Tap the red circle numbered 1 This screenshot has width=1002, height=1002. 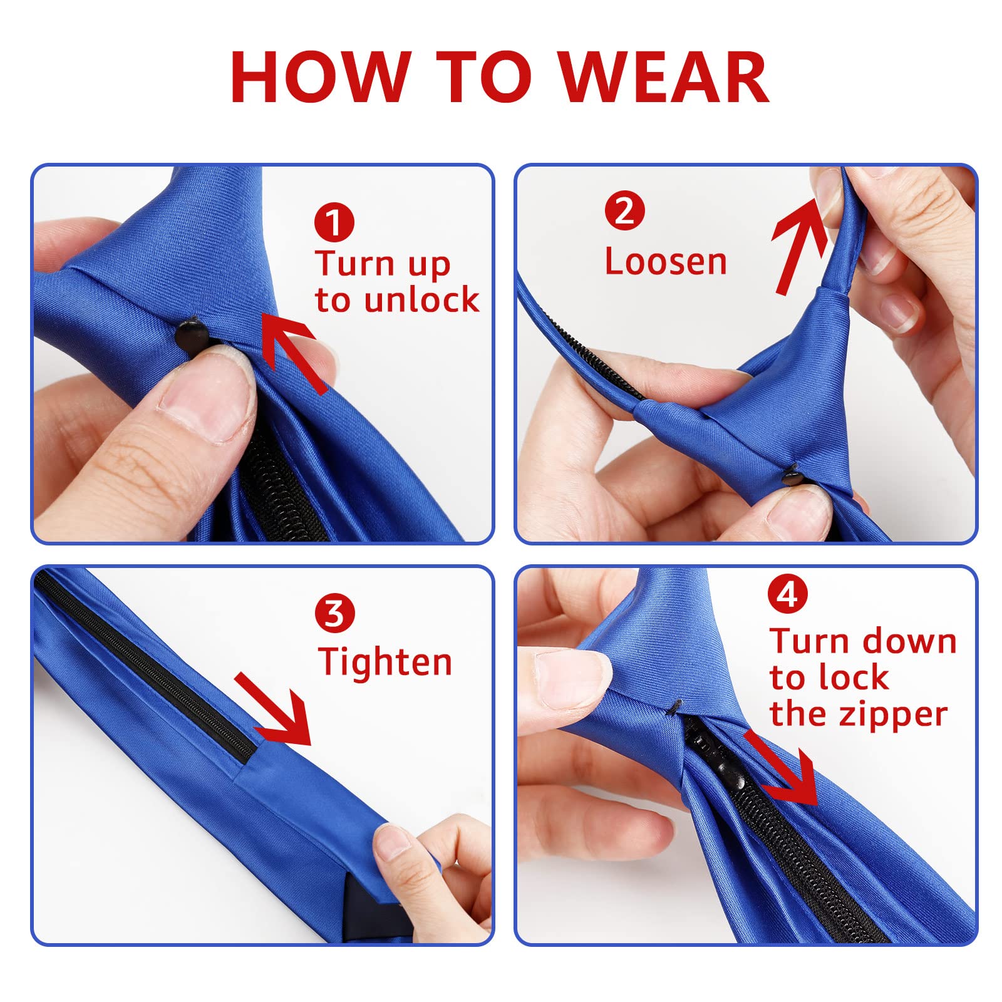pos(334,222)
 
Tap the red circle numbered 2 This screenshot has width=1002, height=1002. pos(624,211)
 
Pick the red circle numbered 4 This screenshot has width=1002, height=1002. pos(787,594)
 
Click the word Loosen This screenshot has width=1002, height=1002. pos(666,261)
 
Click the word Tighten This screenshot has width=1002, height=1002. pos(385,662)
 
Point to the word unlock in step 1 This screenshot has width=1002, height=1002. pos(421,299)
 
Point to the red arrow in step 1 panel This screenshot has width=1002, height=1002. pos(293,354)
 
